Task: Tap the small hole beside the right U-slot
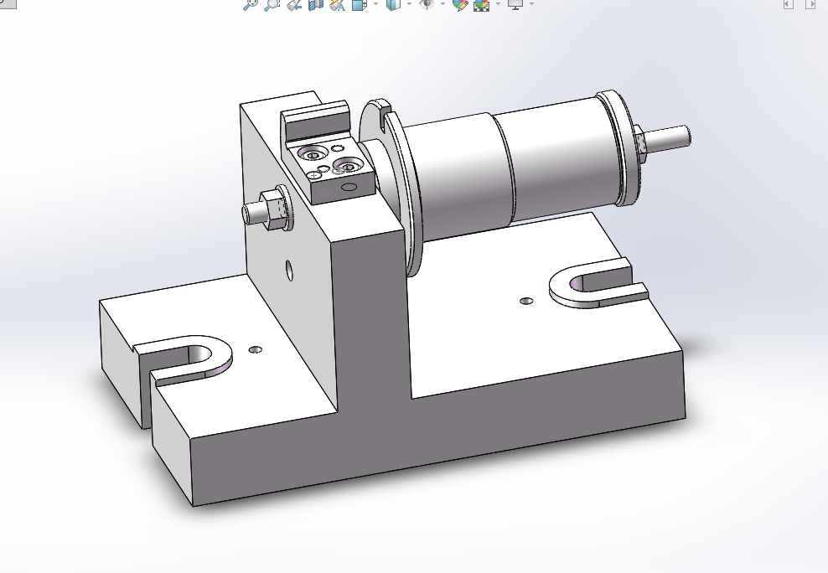click(525, 300)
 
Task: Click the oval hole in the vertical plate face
click(289, 271)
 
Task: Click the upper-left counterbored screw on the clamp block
click(314, 154)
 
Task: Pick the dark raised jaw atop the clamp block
click(315, 121)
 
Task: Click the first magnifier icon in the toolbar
click(250, 4)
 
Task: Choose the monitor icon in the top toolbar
click(515, 4)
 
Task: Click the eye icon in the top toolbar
click(427, 4)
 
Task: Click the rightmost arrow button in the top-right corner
click(810, 4)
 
